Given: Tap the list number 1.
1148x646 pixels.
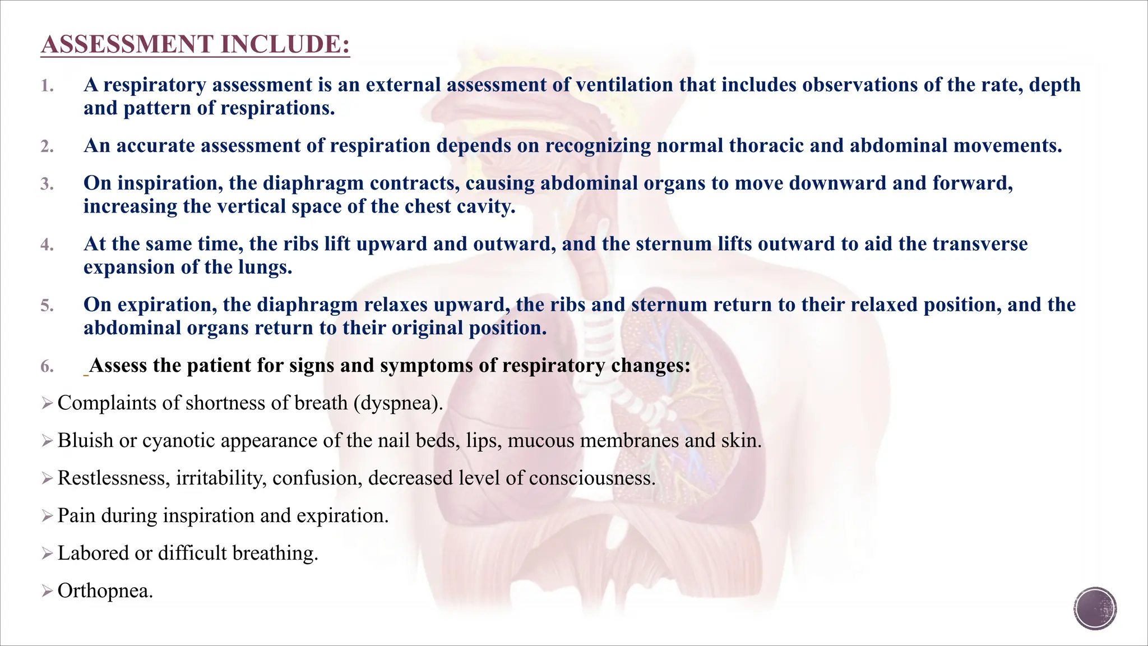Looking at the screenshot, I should click(47, 86).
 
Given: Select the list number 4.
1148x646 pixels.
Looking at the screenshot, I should click(47, 245).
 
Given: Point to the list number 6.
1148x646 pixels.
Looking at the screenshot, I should click(47, 367).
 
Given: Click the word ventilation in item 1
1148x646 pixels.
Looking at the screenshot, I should click(624, 85).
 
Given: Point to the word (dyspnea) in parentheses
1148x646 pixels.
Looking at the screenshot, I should click(397, 403).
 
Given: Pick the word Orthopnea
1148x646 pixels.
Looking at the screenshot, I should click(104, 591).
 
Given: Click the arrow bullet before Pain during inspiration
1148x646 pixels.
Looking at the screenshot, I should click(47, 516).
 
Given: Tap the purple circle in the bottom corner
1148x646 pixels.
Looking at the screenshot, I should click(1095, 608).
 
